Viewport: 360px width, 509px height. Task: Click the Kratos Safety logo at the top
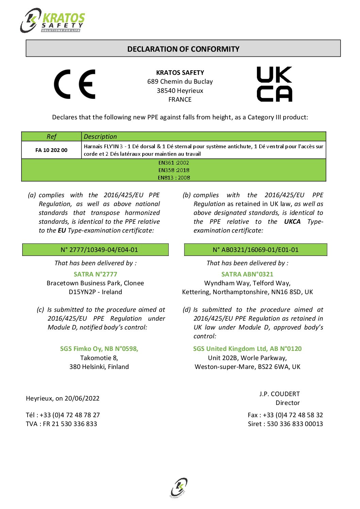(53, 21)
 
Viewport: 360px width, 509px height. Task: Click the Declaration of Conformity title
(183, 49)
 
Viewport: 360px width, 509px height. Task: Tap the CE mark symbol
(75, 84)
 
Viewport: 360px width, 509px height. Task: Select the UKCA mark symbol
(274, 84)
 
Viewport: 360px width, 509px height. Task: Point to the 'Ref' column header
(51, 137)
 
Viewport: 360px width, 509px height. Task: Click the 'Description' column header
(100, 137)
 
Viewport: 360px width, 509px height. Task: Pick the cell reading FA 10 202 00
(51, 150)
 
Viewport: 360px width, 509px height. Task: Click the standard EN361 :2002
(174, 163)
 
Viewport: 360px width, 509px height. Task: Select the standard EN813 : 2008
(174, 177)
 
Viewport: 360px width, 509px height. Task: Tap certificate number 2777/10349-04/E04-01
(99, 250)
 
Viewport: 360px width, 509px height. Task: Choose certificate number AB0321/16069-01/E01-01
(256, 250)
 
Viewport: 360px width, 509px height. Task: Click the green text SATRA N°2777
(95, 274)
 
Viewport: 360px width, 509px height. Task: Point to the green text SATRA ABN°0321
(247, 274)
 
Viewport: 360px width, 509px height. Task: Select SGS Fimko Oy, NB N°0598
(99, 349)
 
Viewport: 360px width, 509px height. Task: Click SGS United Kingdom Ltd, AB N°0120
(247, 349)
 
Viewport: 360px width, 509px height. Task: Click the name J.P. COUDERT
(279, 394)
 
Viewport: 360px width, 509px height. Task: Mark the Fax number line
(285, 415)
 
